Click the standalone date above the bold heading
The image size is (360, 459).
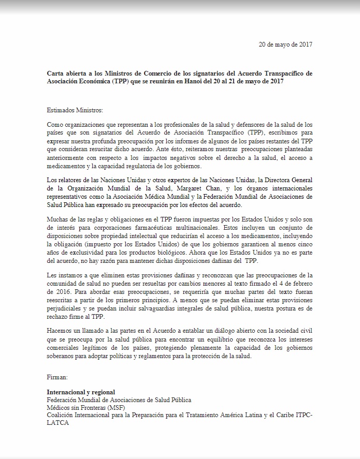[285, 44]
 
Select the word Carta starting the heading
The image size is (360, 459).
[56, 73]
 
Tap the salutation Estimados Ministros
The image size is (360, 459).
[75, 111]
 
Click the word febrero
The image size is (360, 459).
[300, 283]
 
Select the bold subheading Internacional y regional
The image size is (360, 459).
[81, 392]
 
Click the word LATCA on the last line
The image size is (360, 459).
[57, 423]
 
